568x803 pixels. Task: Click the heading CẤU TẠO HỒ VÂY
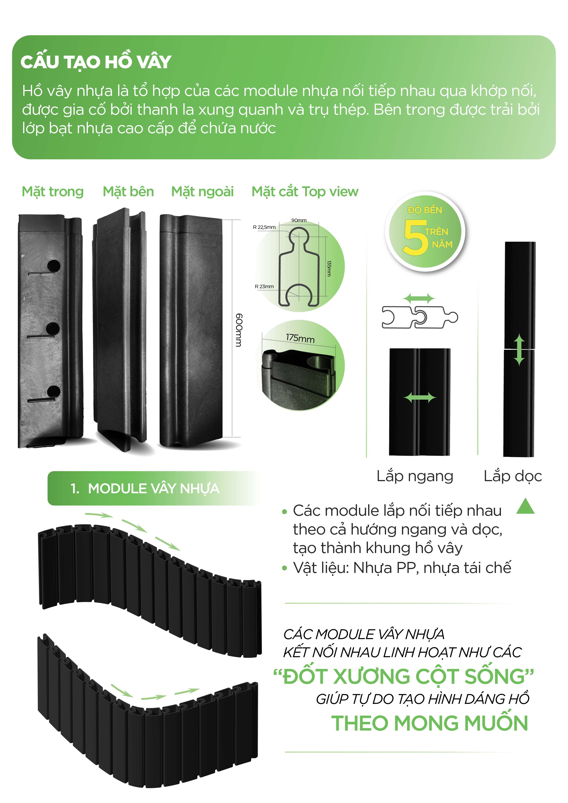point(96,62)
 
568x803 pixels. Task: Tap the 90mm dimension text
point(299,220)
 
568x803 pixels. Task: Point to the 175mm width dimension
point(300,338)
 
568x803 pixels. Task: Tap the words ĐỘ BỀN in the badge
point(425,210)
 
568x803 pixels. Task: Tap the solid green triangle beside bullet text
point(525,507)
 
